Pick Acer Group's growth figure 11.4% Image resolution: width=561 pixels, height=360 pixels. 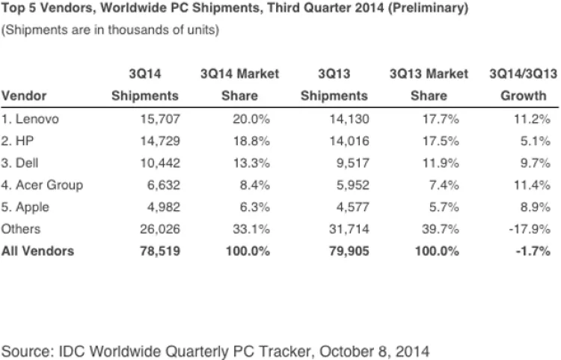coord(533,185)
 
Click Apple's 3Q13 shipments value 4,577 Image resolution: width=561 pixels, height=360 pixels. coord(347,207)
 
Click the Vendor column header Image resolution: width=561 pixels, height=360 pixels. coord(23,96)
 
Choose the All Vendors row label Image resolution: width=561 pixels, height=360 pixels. coord(38,251)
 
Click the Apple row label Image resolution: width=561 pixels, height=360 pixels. coord(27,207)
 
